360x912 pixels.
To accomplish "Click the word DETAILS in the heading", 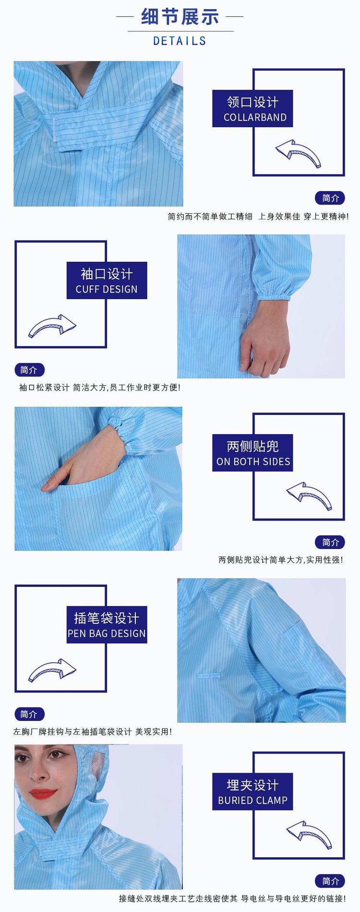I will tap(180, 41).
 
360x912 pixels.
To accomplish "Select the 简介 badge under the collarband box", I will tap(330, 198).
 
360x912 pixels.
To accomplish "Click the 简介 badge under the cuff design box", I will tap(29, 370).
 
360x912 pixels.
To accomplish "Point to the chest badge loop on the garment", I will tap(208, 675).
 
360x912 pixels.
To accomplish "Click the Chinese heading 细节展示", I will tap(180, 17).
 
